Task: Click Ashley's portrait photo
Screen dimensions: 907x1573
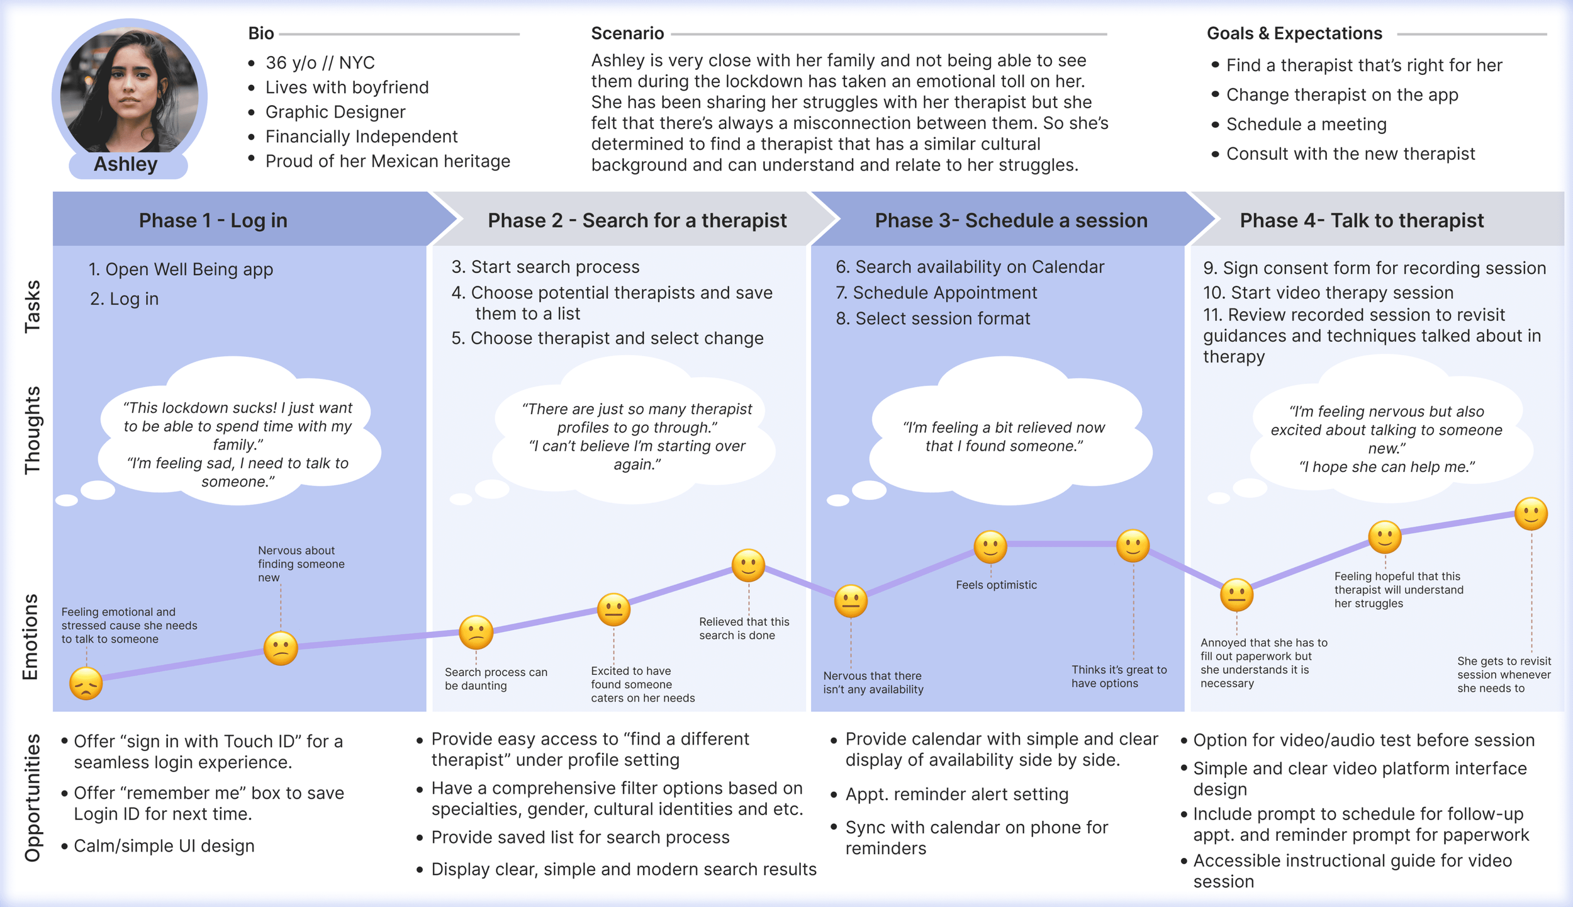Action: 129,91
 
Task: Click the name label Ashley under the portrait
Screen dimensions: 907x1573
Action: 126,164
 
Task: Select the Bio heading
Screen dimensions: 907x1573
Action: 261,33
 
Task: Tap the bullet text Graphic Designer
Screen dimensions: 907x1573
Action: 335,112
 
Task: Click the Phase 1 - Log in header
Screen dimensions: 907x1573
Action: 213,220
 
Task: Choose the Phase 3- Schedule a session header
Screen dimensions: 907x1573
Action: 1010,220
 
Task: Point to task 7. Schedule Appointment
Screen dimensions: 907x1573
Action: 936,293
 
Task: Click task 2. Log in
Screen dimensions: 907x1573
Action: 124,299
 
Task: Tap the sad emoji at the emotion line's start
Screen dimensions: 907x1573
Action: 86,684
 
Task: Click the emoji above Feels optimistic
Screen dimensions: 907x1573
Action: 990,546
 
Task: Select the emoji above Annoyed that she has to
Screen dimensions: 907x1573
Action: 1236,595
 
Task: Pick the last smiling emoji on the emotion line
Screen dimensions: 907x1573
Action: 1531,514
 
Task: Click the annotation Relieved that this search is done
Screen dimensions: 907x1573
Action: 744,628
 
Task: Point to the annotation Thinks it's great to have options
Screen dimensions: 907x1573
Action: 1119,677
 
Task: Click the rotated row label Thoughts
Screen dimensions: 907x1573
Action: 31,430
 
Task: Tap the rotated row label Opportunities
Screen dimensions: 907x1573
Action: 31,797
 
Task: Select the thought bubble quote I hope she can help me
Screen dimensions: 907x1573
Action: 1387,467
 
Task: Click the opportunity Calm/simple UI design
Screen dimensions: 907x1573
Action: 164,846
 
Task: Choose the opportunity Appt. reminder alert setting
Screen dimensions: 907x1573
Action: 956,794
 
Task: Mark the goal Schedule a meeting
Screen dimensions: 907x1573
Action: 1306,125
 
